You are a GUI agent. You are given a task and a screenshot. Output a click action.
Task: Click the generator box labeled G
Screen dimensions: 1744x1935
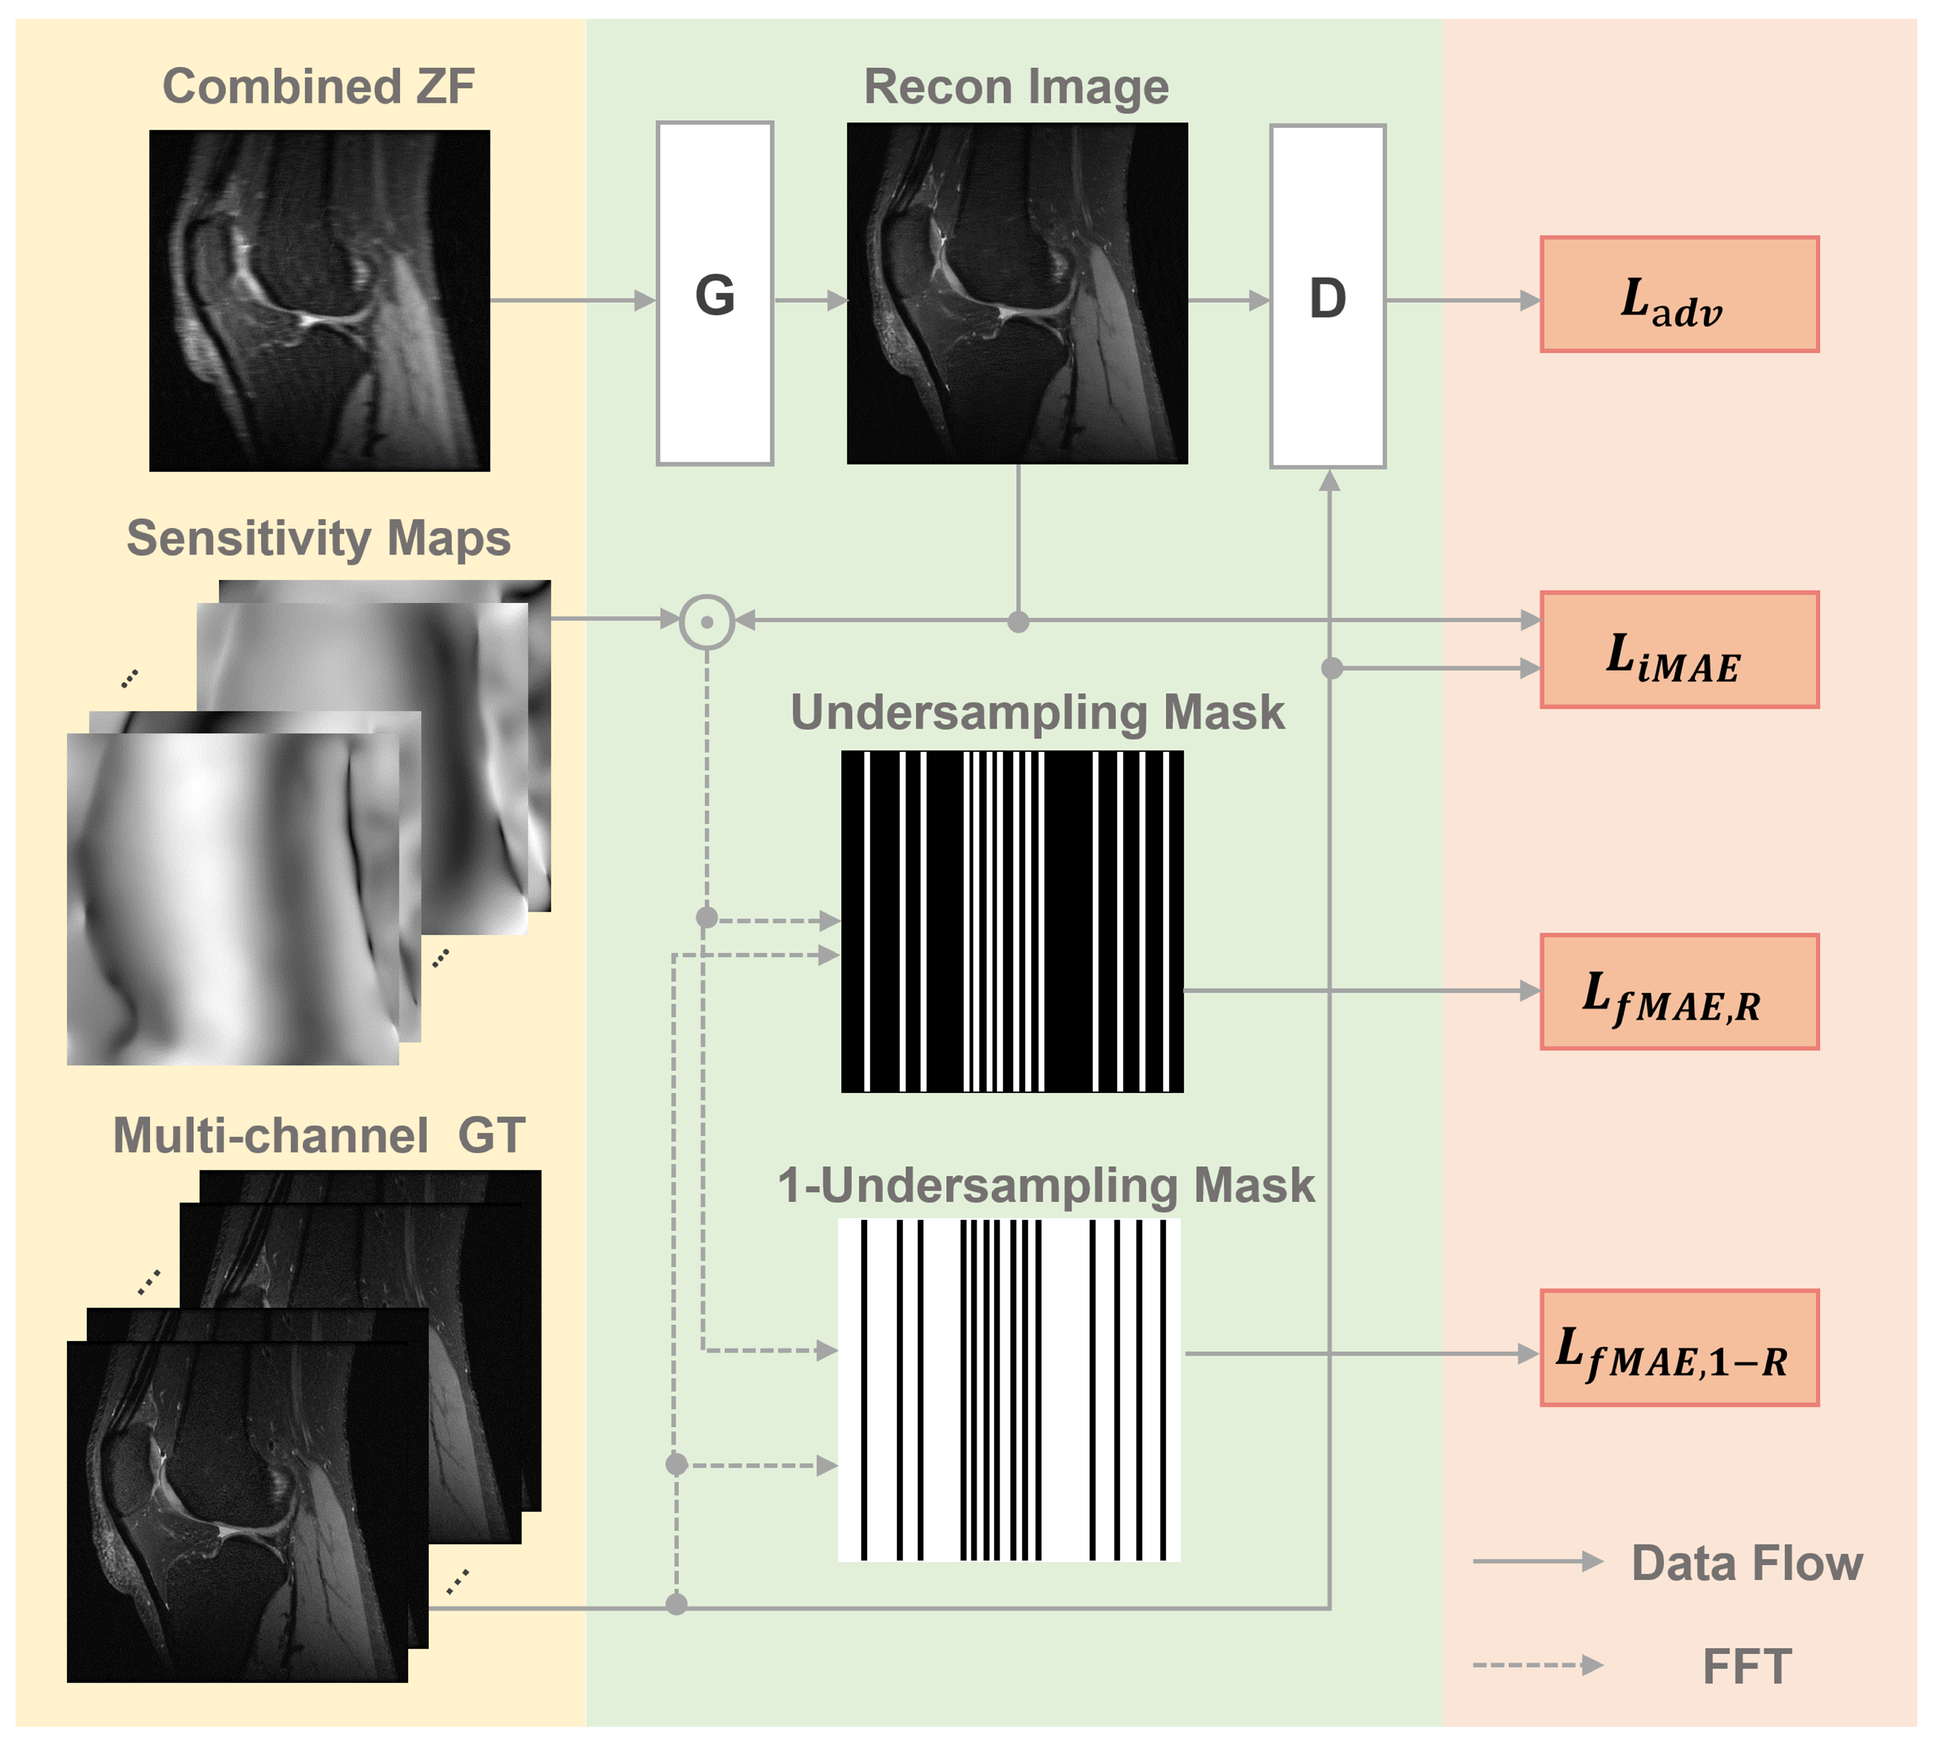pyautogui.click(x=714, y=293)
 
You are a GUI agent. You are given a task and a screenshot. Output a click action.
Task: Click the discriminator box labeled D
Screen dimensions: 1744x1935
pyautogui.click(x=1328, y=296)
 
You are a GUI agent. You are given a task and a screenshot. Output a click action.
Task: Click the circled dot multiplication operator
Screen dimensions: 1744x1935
pyautogui.click(x=706, y=622)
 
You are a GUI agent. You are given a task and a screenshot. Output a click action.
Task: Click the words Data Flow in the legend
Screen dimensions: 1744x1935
pyautogui.click(x=1746, y=1563)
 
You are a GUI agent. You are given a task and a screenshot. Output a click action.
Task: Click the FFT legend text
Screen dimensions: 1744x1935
pyautogui.click(x=1746, y=1666)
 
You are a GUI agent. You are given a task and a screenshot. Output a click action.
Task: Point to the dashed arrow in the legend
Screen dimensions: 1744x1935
pyautogui.click(x=1536, y=1666)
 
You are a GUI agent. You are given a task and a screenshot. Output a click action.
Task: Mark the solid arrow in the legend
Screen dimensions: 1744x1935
pyautogui.click(x=1536, y=1562)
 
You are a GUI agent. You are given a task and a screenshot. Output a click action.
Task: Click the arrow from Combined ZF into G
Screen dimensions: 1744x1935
pyautogui.click(x=572, y=301)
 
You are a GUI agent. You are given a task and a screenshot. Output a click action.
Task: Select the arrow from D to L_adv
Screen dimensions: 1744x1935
pyautogui.click(x=1462, y=301)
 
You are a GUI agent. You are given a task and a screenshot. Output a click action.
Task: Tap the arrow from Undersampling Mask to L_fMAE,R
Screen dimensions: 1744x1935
pyautogui.click(x=1361, y=991)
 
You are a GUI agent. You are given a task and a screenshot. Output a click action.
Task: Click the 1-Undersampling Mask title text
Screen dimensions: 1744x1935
pyautogui.click(x=1046, y=1186)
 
